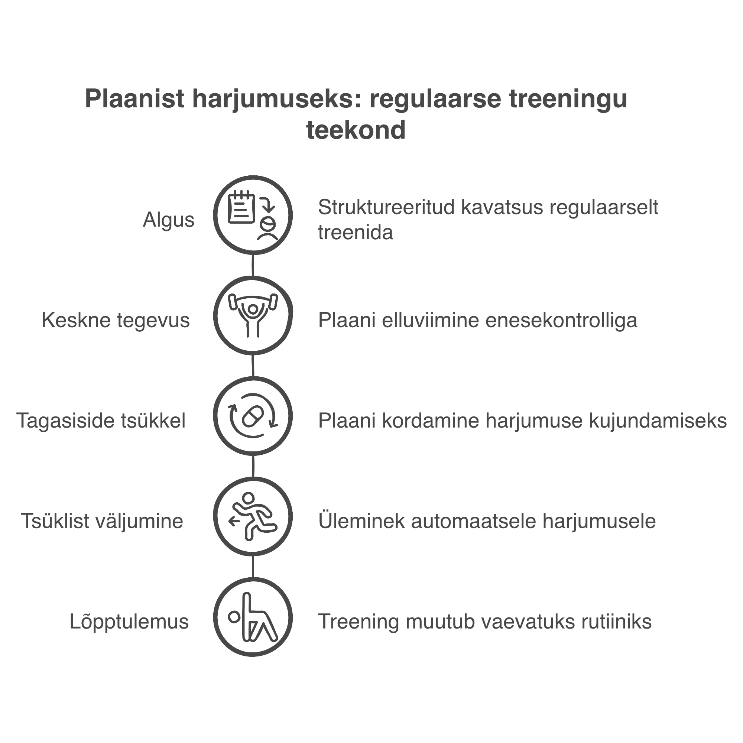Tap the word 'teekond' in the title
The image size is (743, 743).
(356, 130)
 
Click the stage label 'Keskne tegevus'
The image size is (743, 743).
(116, 320)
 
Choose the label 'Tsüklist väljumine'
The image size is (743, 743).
(102, 522)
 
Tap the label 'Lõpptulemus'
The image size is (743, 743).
(129, 622)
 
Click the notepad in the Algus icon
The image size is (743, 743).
(241, 207)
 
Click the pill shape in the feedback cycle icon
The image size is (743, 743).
(253, 416)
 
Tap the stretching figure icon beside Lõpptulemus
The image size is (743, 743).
(253, 617)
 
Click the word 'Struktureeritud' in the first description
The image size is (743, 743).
(386, 207)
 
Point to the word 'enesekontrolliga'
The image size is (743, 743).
(561, 320)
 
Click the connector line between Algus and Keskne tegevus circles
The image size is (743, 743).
(253, 265)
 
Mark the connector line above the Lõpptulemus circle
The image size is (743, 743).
(253, 567)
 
